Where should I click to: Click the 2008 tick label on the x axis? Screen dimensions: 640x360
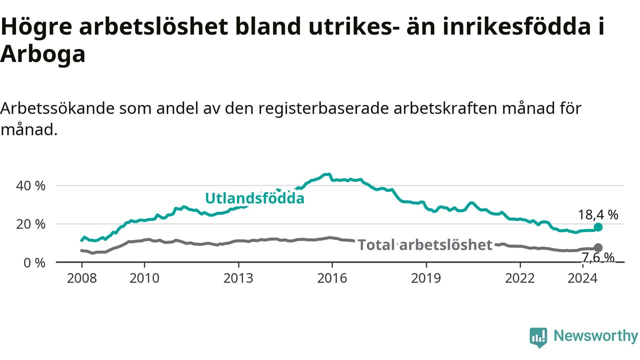pos(81,278)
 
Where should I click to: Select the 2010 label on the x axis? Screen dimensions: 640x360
pos(144,278)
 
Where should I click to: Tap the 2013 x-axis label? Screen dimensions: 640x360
pos(238,278)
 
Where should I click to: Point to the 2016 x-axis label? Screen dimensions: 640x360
pos(332,278)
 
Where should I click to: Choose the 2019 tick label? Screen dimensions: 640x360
pos(426,278)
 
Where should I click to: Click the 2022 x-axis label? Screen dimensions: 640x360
pos(519,278)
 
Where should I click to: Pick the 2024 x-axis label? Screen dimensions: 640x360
pos(582,278)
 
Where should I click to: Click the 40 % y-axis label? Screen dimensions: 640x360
pos(30,186)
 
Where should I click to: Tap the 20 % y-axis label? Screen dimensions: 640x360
pos(30,224)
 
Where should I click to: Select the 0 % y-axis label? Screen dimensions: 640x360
pos(34,263)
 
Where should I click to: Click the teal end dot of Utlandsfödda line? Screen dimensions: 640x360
pos(598,227)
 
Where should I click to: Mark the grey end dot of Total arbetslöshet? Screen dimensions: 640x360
pos(598,247)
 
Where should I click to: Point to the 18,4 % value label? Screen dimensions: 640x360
pos(598,215)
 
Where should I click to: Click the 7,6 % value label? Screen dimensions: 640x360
pos(598,257)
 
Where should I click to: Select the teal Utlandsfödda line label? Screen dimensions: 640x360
pos(254,198)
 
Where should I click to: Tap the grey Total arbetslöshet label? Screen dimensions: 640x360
pos(425,245)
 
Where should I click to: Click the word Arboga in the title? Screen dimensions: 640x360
pos(43,54)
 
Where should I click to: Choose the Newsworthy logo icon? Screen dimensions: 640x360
pos(538,337)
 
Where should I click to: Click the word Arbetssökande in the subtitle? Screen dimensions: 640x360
pos(57,108)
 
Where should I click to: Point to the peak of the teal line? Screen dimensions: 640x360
pos(327,174)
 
